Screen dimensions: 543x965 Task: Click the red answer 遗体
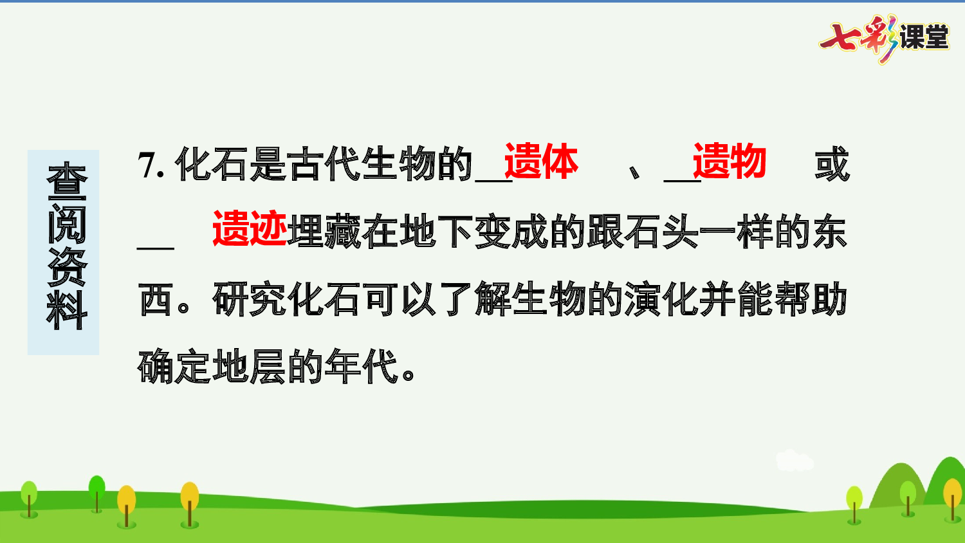click(540, 161)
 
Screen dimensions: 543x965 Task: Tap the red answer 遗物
click(729, 161)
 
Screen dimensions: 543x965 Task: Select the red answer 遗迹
click(250, 229)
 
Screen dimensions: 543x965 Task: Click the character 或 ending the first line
click(832, 165)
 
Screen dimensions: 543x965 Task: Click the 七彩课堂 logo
click(885, 38)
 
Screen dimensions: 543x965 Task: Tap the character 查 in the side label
click(66, 182)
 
